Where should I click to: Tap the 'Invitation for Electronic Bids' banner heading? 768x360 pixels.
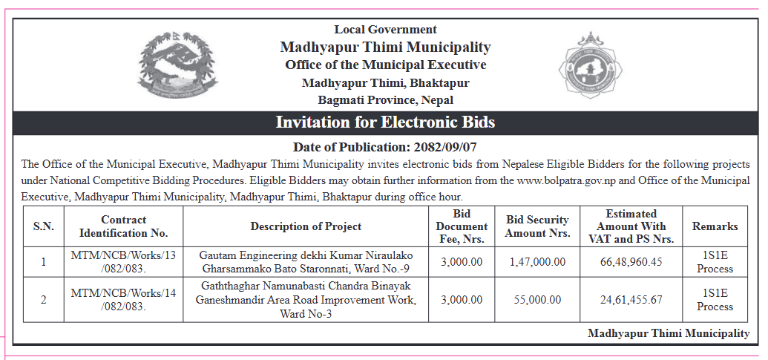pyautogui.click(x=385, y=122)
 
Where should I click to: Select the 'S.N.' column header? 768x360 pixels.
pyautogui.click(x=43, y=226)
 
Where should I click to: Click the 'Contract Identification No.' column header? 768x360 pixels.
pyautogui.click(x=124, y=226)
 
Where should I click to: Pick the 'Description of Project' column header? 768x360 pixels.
pyautogui.click(x=306, y=226)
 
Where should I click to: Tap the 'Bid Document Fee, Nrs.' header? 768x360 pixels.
pyautogui.click(x=462, y=226)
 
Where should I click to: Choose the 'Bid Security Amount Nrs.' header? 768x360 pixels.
pyautogui.click(x=537, y=226)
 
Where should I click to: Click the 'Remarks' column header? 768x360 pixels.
pyautogui.click(x=715, y=226)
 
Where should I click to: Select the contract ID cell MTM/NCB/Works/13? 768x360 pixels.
pyautogui.click(x=124, y=262)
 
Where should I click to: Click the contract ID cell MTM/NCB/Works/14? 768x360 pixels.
pyautogui.click(x=124, y=300)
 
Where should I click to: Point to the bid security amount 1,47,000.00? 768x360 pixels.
pyautogui.click(x=537, y=262)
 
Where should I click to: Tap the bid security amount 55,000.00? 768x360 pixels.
pyautogui.click(x=537, y=300)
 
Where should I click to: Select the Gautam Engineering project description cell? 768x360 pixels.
pyautogui.click(x=306, y=262)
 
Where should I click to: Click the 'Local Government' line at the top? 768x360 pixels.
pyautogui.click(x=385, y=30)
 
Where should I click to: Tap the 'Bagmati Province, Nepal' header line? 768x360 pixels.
pyautogui.click(x=385, y=100)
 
